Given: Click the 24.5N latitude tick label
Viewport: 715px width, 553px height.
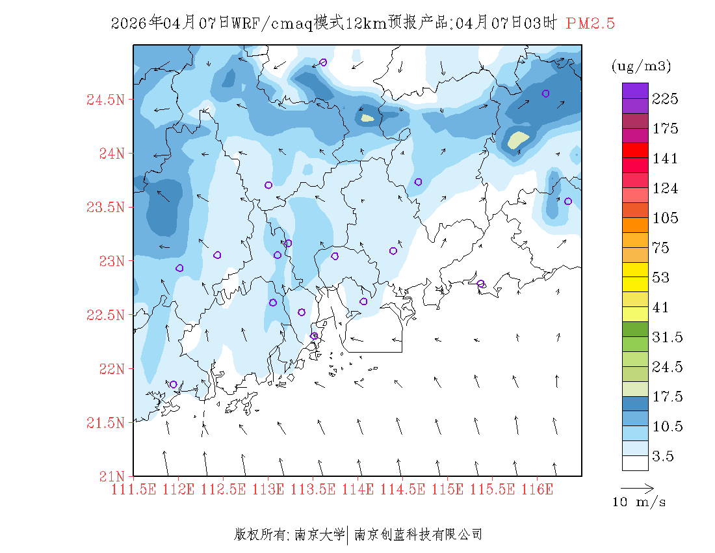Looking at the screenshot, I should pos(105,100).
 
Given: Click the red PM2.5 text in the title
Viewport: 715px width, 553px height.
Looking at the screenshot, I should pos(590,24).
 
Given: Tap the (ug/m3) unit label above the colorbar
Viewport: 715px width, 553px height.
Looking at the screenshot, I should pos(641,66).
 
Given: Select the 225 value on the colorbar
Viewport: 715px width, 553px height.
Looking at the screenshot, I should pos(665,99).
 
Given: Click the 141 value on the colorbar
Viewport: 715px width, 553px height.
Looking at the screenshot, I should pos(665,159).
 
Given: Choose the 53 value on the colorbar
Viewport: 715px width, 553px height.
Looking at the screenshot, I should pos(661,278).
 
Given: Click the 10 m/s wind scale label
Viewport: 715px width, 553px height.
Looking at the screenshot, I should pos(640,502).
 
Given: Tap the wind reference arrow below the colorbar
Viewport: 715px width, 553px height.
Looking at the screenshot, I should pos(636,487).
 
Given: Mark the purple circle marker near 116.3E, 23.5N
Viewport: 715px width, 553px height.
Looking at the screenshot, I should pos(567,202).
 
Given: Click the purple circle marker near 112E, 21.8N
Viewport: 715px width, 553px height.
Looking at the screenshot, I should pos(173,384).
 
